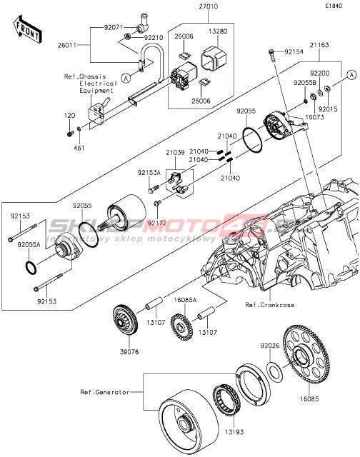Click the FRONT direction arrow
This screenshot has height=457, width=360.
(28, 30)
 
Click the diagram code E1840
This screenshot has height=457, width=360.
(334, 6)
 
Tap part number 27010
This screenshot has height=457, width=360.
(208, 6)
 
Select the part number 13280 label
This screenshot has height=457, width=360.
(218, 31)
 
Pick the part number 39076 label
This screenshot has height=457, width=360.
(129, 352)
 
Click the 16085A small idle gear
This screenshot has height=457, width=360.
(181, 327)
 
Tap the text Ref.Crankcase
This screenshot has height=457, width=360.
(269, 305)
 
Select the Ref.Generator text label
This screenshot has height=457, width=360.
(105, 392)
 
